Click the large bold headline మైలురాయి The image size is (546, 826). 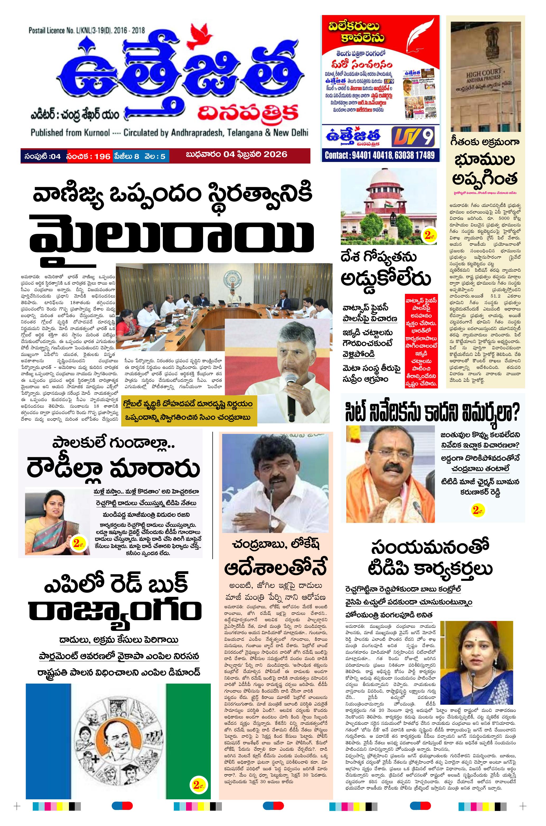(x=171, y=238)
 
